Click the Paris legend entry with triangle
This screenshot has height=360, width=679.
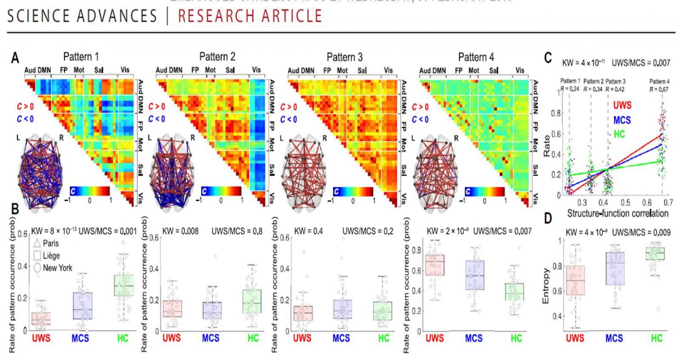pyautogui.click(x=47, y=244)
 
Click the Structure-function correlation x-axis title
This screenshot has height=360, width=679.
pyautogui.click(x=615, y=213)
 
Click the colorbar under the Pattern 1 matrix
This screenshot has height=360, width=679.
pyautogui.click(x=89, y=191)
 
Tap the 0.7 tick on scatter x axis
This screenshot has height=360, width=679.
pyautogui.click(x=669, y=201)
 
